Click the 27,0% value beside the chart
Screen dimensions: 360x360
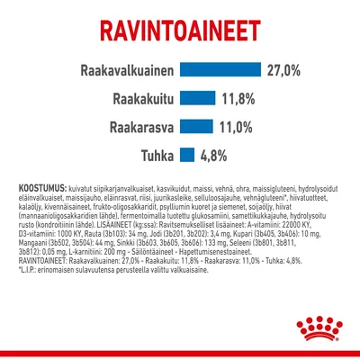click(x=290, y=70)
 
